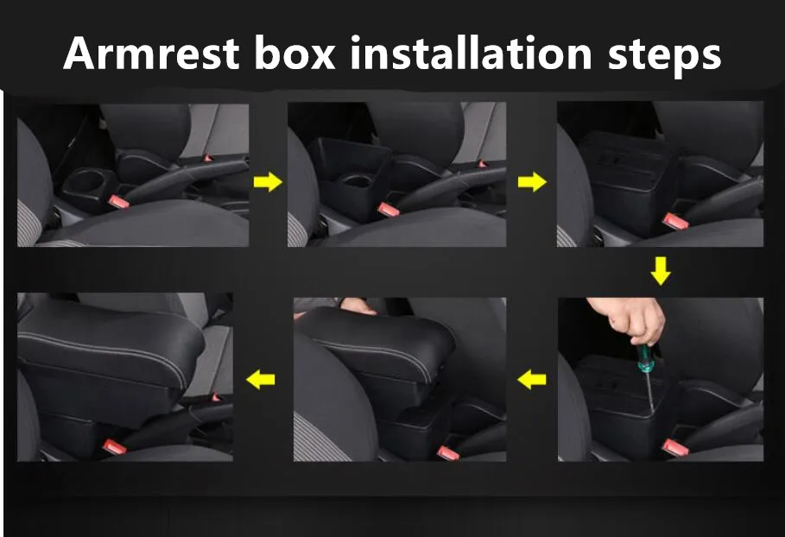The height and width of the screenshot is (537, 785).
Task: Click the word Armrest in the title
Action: coord(151,53)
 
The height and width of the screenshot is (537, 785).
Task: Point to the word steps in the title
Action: coord(664,56)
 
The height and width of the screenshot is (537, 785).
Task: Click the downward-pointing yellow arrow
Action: coord(661,271)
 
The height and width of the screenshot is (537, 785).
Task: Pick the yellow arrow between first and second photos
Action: coord(268,181)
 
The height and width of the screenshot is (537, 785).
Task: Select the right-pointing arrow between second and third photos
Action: coord(532,181)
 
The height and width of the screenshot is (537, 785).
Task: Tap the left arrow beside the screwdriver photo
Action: coord(532,380)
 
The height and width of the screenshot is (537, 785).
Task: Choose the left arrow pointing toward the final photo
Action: coord(260,379)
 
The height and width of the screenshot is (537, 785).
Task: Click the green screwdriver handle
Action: coord(644,358)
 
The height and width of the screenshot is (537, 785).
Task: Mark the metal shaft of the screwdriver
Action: coord(649,393)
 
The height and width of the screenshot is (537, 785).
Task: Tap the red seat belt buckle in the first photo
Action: coord(118,202)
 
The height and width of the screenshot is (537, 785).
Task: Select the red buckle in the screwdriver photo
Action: coord(674,446)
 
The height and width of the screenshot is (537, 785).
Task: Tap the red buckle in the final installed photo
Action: coord(114,447)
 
